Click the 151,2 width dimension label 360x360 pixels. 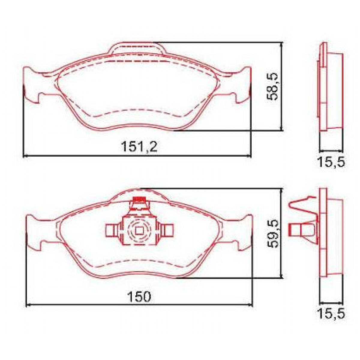(139, 147)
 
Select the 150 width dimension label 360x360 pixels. (139, 297)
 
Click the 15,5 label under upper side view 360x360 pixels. (331, 162)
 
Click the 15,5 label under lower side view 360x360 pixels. (331, 314)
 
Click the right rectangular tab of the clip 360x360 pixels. (168, 230)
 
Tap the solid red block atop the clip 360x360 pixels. (139, 199)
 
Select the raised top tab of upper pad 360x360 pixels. (136, 49)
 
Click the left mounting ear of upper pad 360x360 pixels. (31, 85)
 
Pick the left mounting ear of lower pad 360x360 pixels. (34, 232)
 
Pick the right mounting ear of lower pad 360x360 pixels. (244, 232)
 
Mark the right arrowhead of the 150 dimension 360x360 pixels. (251, 305)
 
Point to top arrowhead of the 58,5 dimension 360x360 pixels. (281, 44)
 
